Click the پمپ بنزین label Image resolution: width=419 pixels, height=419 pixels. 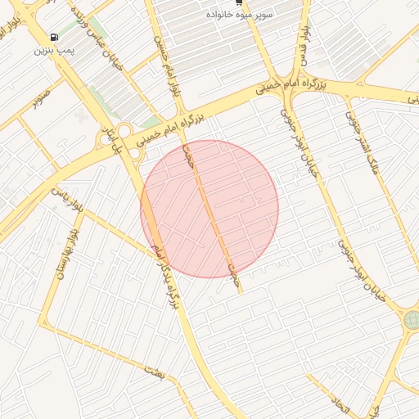coord(54,50)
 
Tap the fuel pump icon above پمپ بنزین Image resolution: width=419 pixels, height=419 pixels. coord(54,37)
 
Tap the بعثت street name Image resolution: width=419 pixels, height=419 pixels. coord(154,372)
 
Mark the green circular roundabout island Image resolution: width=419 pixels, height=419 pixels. coord(411,319)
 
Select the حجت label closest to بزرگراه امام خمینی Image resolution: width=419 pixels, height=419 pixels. coord(190,155)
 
